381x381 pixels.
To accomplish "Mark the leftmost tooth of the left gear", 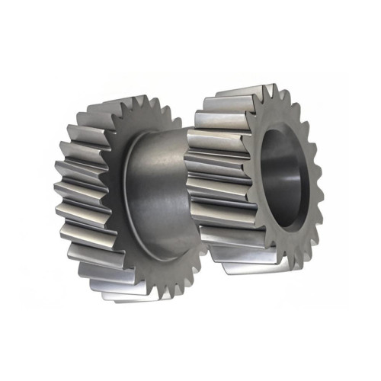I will click(61, 187).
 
